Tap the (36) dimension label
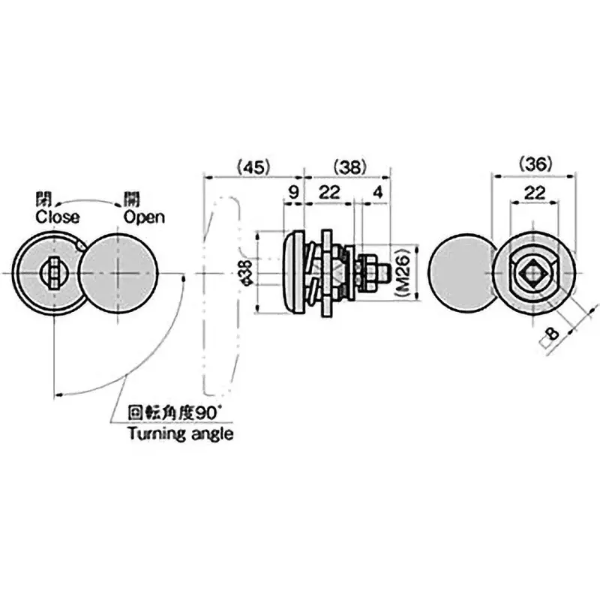point(535,163)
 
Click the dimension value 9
point(293,192)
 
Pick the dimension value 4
point(377,192)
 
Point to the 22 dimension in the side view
point(327,192)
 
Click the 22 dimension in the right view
point(533,192)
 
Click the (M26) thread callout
point(402,275)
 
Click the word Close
point(57,217)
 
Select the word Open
point(145,217)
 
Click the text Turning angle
point(180,433)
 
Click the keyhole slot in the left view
point(53,271)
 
